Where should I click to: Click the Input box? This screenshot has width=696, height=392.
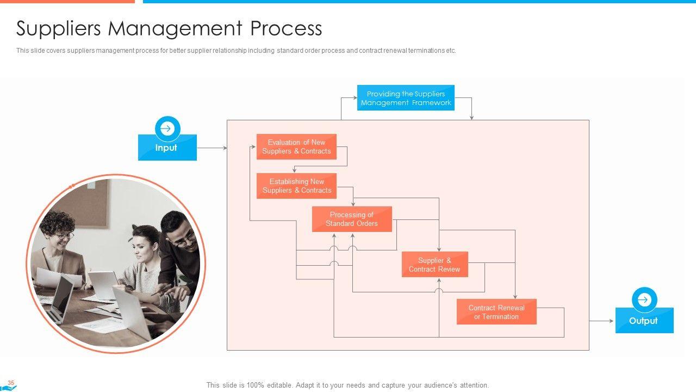[167, 148]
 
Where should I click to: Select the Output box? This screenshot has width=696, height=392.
[644, 321]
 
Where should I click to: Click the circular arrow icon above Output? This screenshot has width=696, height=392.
[644, 300]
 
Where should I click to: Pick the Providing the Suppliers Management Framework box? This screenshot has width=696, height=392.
[406, 98]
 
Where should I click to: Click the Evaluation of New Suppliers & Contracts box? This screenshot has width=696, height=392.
[296, 147]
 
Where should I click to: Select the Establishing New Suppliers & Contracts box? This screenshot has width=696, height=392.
[296, 186]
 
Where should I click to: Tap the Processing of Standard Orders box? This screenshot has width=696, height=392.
[352, 219]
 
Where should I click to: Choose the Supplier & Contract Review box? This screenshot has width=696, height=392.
[434, 265]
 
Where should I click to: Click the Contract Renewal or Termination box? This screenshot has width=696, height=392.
[496, 312]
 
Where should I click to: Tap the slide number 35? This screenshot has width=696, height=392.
[11, 383]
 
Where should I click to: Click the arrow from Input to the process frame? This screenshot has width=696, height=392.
[212, 148]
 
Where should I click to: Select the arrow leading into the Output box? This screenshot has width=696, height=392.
[602, 321]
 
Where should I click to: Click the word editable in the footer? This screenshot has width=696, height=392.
[277, 385]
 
